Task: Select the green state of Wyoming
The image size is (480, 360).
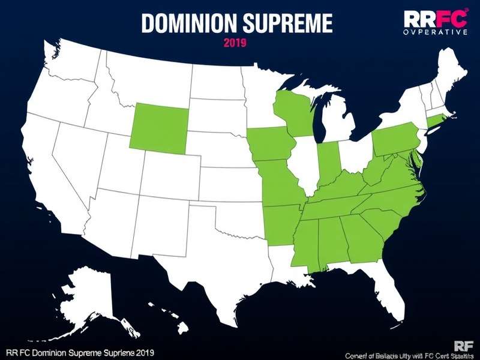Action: (x=158, y=125)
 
